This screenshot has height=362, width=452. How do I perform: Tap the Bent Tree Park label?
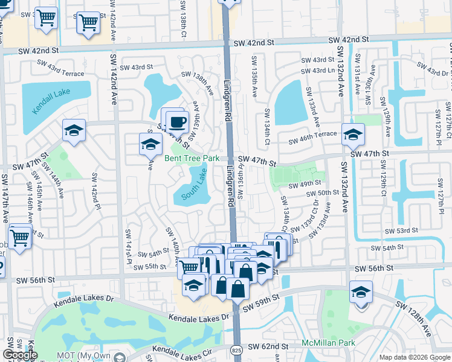[192, 159]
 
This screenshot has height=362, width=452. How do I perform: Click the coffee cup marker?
[177, 122]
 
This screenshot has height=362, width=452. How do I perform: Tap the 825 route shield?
[236, 350]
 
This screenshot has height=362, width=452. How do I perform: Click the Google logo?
[20, 355]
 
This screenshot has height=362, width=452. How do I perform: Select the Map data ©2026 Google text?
[414, 357]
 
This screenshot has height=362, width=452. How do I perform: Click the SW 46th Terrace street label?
[312, 141]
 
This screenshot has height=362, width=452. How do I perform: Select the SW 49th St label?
[304, 183]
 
